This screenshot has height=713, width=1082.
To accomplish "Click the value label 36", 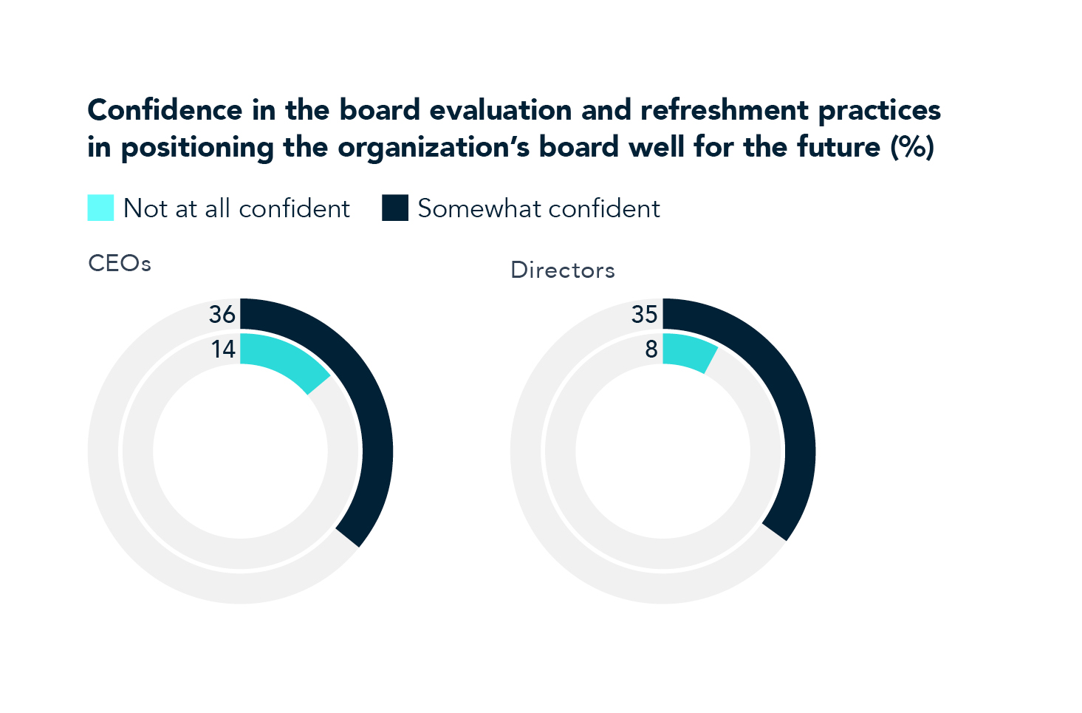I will [222, 315].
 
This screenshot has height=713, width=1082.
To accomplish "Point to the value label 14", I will [223, 349].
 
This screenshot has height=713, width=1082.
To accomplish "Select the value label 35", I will [644, 315].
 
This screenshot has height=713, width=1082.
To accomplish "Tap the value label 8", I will [651, 349].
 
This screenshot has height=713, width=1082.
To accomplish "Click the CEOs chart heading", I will [120, 264].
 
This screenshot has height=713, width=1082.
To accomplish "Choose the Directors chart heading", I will [563, 270].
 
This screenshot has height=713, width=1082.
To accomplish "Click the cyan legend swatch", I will [100, 208].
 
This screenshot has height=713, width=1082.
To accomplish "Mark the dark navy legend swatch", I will [395, 208].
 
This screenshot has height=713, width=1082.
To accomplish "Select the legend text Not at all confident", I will [236, 209].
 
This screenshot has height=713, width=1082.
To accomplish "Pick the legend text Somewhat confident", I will [538, 209].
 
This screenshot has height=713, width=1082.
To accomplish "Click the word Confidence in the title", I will [165, 110].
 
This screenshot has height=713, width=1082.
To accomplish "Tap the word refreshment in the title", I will [725, 110].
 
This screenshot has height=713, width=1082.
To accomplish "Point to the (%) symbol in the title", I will [912, 147].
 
